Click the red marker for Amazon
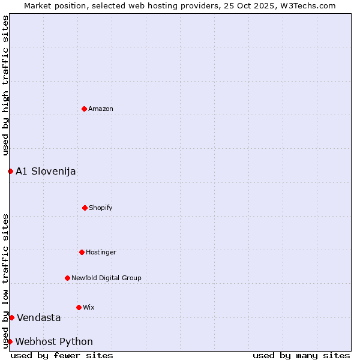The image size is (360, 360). point(84,109)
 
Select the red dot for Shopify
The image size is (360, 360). point(85,208)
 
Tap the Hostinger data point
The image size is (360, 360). point(82,252)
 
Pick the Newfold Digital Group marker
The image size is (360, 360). point(67,278)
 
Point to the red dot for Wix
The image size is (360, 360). point(79,307)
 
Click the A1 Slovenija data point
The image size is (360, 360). point(10,171)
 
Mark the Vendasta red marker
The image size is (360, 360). point(11,317)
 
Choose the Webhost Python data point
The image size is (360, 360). point(10,341)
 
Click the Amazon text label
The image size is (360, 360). point(101,109)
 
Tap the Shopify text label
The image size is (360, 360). point(101,208)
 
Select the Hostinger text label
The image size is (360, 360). point(101,252)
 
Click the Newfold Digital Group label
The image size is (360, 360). point(106,278)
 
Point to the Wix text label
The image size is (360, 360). point(89,307)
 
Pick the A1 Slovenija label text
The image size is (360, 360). point(46,171)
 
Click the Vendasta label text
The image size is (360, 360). point(39,317)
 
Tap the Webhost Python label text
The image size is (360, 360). point(54,341)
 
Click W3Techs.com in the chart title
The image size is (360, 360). point(305,5)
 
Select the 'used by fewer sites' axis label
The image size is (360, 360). point(62,355)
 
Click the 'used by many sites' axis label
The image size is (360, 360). point(301,355)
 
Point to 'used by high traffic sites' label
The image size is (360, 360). point(5,85)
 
